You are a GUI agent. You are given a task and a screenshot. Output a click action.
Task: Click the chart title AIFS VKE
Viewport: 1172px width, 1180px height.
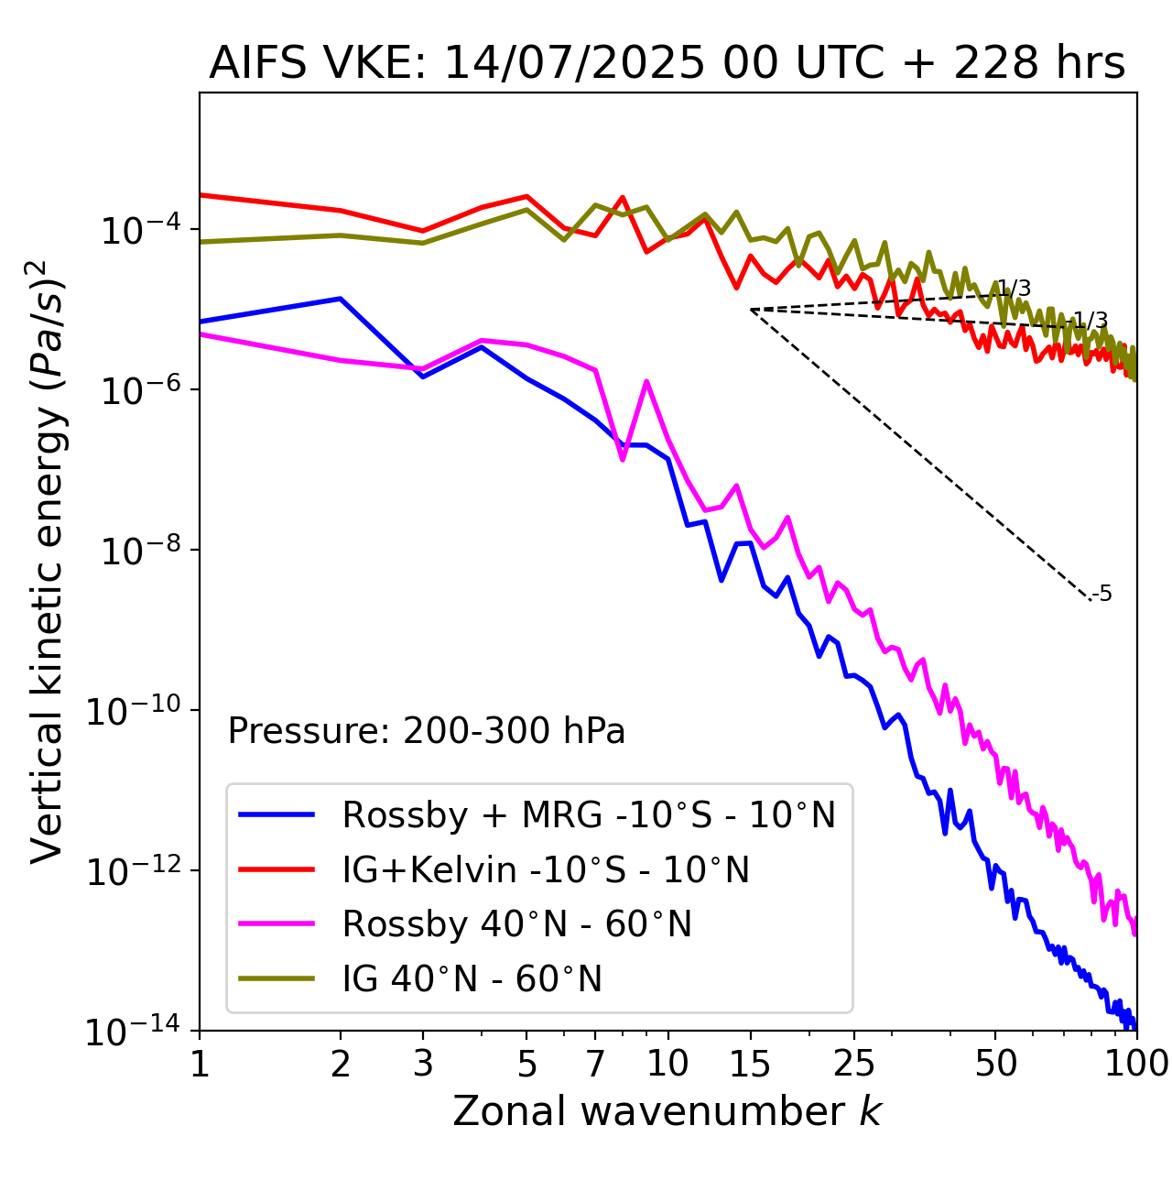pos(667,64)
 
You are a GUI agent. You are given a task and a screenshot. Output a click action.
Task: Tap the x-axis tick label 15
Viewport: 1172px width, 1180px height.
pos(751,1064)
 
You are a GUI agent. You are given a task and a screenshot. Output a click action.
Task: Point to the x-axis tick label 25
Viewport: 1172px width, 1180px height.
pos(854,1064)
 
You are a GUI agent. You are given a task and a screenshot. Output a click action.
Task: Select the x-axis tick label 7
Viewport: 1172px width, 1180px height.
pos(595,1064)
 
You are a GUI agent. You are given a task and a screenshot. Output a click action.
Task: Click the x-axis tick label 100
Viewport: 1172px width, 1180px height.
pos(1136,1064)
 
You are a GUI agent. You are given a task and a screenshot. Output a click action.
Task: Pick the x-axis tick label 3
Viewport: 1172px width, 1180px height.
pos(422,1064)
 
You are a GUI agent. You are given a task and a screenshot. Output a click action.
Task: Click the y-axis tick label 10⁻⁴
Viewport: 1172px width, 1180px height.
pos(138,230)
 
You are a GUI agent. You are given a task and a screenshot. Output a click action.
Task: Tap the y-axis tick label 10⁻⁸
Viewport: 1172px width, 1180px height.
pos(138,551)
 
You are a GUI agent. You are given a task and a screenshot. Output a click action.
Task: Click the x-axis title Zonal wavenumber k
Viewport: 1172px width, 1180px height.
pos(667,1111)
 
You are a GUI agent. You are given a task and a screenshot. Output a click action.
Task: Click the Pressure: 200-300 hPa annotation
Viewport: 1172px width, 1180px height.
pos(427,731)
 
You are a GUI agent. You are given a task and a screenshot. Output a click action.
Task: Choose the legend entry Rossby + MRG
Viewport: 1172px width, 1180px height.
pos(589,814)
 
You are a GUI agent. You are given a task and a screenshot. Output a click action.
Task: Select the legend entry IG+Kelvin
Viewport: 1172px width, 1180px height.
pos(546,869)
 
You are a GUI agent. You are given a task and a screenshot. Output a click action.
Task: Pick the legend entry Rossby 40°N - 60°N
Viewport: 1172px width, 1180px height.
pos(516,924)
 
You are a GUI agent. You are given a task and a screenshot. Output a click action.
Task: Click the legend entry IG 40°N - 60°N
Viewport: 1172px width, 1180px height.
pos(472,979)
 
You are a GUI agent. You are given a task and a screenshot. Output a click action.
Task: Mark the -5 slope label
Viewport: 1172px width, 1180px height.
pos(1102,594)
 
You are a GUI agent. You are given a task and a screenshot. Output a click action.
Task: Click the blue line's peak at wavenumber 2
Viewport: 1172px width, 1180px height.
pos(341,299)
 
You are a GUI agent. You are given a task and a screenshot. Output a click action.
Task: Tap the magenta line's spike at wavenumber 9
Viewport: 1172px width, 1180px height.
pos(646,381)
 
